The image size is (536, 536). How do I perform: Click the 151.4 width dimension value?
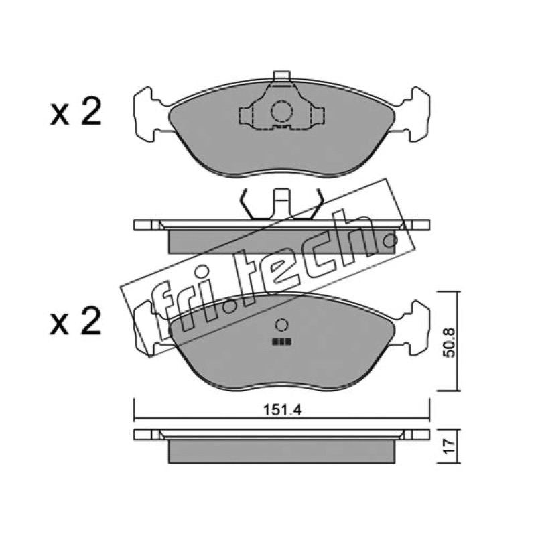click(x=282, y=410)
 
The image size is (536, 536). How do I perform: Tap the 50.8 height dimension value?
click(x=449, y=342)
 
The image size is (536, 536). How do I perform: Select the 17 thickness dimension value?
click(x=449, y=446)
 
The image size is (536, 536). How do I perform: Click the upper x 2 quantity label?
click(x=76, y=111)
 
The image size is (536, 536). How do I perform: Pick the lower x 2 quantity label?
click(x=76, y=320)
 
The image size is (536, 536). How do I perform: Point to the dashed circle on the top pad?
click(x=282, y=111)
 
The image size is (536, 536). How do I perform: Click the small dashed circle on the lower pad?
click(x=281, y=325)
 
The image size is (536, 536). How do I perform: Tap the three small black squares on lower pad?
click(x=281, y=342)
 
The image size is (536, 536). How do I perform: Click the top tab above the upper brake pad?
click(x=282, y=76)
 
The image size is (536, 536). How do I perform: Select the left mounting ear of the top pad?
click(x=150, y=114)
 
